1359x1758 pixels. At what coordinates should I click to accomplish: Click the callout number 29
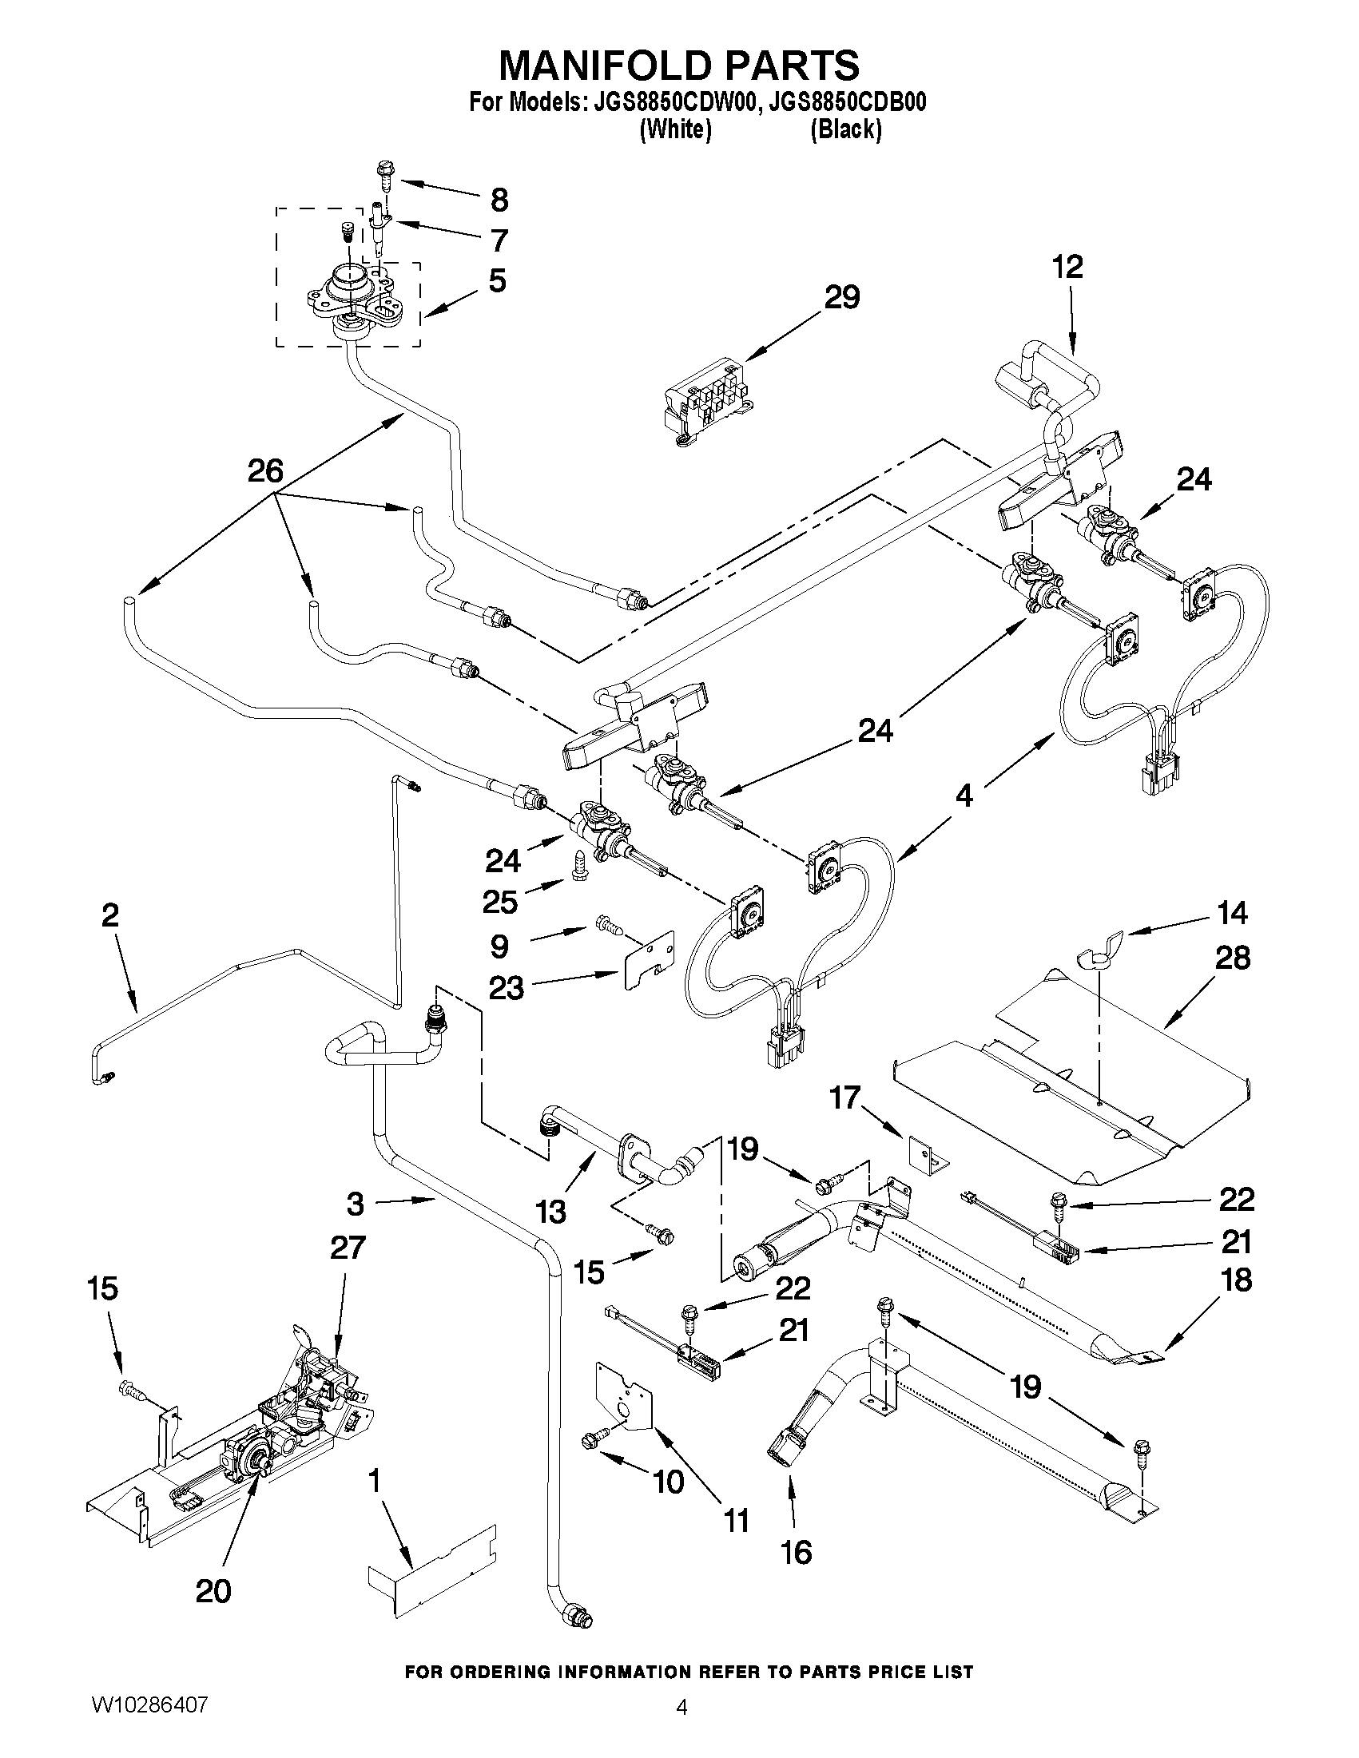(841, 298)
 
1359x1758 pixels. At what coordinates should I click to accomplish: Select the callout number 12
(1067, 267)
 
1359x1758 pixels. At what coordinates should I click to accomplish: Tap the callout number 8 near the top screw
(499, 200)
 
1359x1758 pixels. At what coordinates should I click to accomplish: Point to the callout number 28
(1232, 958)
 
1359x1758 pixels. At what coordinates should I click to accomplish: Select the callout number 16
(796, 1552)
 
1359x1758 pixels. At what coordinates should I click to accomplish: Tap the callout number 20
(213, 1590)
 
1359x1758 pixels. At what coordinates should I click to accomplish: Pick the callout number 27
(347, 1248)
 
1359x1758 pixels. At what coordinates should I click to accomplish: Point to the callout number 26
(266, 471)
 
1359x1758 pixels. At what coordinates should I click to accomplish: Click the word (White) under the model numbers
(674, 129)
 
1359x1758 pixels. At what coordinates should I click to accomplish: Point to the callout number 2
(110, 915)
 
